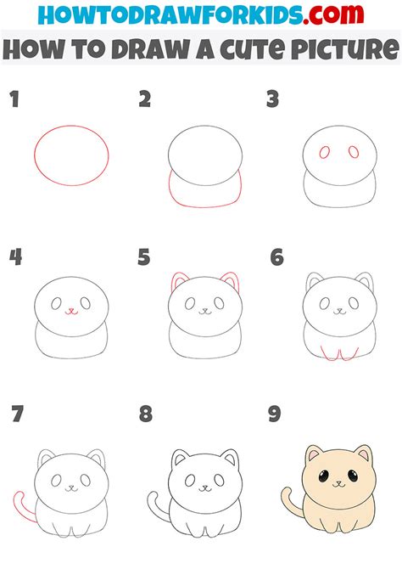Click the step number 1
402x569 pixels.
pyautogui.click(x=14, y=99)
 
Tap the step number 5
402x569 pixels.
pyautogui.click(x=144, y=257)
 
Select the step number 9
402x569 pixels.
pyautogui.click(x=275, y=414)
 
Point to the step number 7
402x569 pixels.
pyautogui.click(x=17, y=414)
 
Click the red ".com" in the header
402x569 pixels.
pyautogui.click(x=333, y=14)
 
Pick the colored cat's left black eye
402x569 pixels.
pyautogui.click(x=324, y=476)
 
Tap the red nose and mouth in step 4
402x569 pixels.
pyautogui.click(x=71, y=312)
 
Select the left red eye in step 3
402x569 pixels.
pyautogui.click(x=325, y=152)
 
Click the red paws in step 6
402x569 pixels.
pyautogui.click(x=339, y=354)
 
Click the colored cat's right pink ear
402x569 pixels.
pyautogui.click(x=365, y=454)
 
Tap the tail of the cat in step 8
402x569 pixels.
pyautogui.click(x=155, y=506)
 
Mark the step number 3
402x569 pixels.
pyautogui.click(x=272, y=99)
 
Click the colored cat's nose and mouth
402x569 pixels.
pyautogui.click(x=339, y=484)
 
